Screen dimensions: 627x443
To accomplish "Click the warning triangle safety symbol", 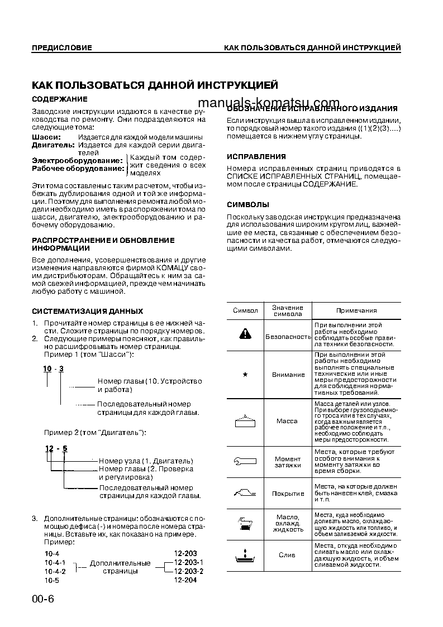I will (245, 334).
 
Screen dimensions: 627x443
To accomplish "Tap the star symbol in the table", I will (245, 374).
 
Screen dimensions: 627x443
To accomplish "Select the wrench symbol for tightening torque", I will (245, 461).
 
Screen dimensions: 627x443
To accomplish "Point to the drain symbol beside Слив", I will (245, 555).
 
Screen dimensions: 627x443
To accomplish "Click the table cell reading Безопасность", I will (288, 337).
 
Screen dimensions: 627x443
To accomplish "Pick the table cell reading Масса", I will (288, 421).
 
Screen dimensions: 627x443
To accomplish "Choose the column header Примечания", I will (356, 310).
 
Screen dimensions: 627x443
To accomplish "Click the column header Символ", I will (245, 310).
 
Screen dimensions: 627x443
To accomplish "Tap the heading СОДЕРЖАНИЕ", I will (60, 99).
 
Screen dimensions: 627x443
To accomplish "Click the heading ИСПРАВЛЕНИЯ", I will (256, 157).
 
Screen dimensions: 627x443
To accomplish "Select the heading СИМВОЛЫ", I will (247, 204).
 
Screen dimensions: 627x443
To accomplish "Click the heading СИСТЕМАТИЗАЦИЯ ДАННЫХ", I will (87, 311).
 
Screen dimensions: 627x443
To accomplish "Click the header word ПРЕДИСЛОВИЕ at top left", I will (61, 48).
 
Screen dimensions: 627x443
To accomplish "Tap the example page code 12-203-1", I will (188, 562).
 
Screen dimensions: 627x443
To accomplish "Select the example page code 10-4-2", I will (55, 571).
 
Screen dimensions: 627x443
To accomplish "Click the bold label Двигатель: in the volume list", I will (53, 145).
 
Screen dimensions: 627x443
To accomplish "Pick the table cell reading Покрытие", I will (288, 494).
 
